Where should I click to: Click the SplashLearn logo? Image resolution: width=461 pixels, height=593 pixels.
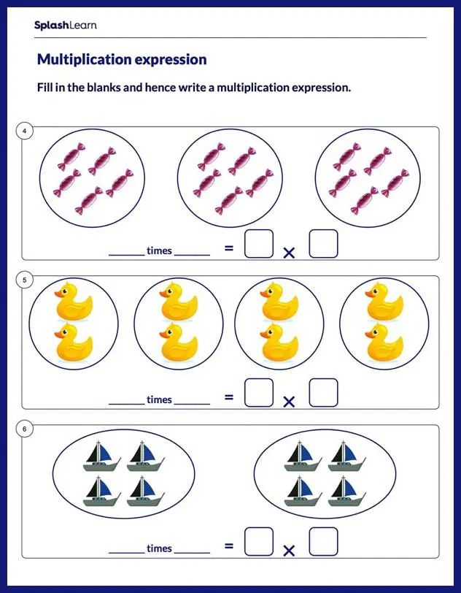65,26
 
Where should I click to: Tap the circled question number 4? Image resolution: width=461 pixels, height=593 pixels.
25,131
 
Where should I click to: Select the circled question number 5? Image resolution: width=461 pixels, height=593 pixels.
25,280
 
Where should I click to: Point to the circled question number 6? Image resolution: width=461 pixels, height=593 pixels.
25,429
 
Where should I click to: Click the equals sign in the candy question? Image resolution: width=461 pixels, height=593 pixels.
229,248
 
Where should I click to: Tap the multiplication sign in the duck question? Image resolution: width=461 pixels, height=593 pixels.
289,402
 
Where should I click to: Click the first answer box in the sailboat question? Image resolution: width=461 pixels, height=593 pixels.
259,542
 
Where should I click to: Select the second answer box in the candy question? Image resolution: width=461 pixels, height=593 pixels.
323,244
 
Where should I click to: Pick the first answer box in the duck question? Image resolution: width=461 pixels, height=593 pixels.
259,393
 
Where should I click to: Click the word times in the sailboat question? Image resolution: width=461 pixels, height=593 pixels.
159,548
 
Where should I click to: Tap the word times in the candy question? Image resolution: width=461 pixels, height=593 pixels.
159,250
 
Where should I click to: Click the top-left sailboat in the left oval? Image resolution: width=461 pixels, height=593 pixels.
102,456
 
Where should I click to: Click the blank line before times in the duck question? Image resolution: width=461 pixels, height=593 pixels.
126,403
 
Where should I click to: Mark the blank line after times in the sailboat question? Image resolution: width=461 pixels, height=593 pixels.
192,552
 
